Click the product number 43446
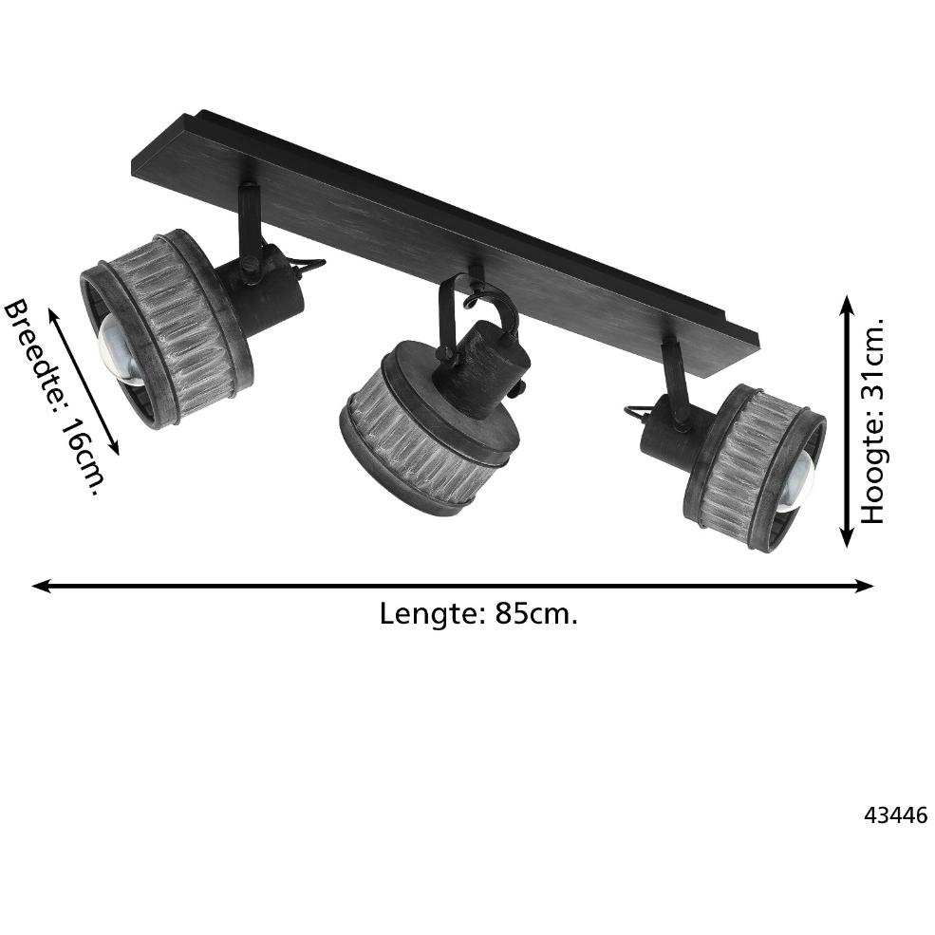(896, 814)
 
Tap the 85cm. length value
(536, 613)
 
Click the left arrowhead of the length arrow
(42, 587)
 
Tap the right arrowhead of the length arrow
(864, 587)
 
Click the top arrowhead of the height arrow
(847, 305)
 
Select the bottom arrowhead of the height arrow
(847, 537)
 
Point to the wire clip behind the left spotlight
(309, 266)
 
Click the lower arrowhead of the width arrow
(113, 447)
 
